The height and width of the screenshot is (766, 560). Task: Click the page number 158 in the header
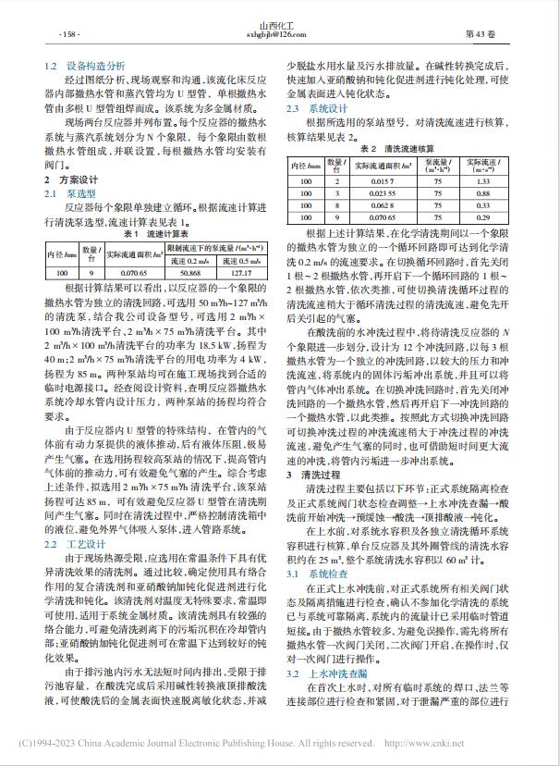[70, 34]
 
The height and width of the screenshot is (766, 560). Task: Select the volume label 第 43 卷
[485, 34]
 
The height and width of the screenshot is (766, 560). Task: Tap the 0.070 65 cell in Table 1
[123, 274]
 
